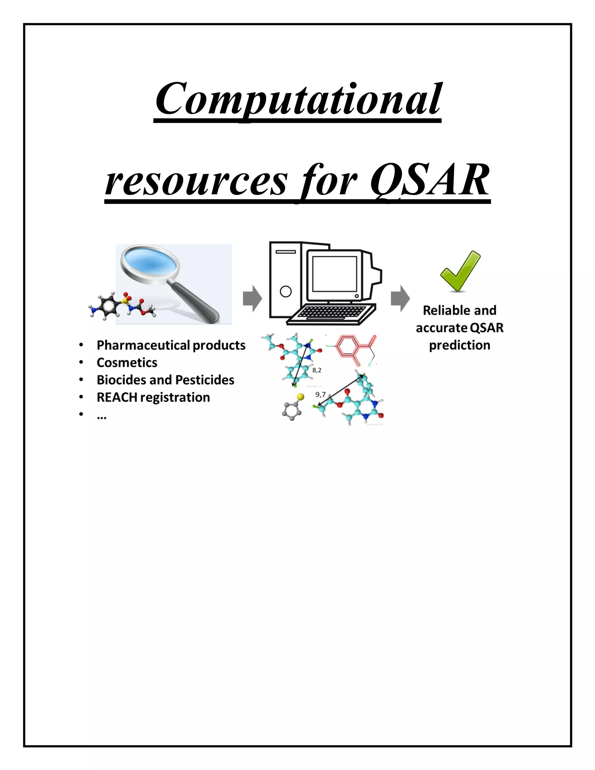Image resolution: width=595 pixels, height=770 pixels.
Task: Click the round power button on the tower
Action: [286, 291]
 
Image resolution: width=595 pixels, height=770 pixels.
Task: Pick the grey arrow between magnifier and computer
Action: [252, 299]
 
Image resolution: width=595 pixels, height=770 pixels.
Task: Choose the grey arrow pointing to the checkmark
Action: [400, 299]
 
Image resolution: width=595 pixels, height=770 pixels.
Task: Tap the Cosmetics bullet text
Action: [127, 362]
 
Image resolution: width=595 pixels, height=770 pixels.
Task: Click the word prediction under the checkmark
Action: [459, 345]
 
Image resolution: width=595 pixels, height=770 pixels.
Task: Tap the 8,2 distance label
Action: [317, 370]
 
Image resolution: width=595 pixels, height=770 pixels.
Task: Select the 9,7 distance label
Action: [320, 395]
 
